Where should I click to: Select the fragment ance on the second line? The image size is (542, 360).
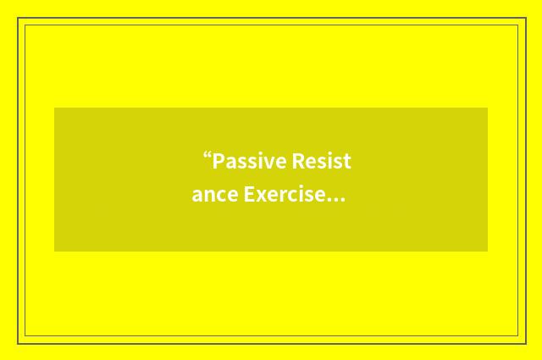[215, 196]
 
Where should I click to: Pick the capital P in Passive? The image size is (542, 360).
[218, 161]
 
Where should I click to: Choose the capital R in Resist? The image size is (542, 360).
[297, 161]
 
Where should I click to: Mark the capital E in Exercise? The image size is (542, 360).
[250, 195]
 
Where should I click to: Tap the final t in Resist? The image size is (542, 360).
[347, 162]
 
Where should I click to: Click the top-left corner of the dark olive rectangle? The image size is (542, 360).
[54, 108]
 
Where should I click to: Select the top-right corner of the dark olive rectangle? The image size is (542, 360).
[488, 108]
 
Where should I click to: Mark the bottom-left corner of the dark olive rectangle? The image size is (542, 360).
[54, 252]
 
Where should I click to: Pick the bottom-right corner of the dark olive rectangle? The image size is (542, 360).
[488, 252]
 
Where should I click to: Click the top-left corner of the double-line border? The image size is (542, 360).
[19, 19]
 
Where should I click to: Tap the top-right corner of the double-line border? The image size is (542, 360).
[523, 19]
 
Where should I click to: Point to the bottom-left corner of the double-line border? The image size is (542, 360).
[19, 341]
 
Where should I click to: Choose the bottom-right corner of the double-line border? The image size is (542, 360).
[523, 341]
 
